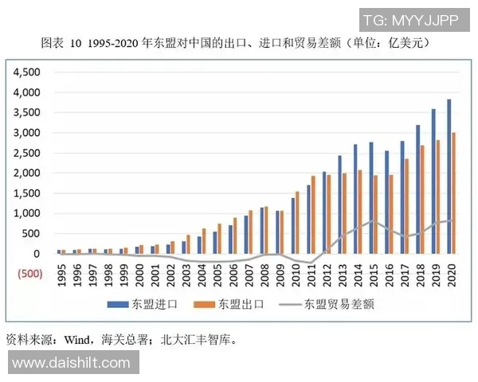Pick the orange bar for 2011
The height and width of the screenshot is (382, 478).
pyautogui.click(x=313, y=215)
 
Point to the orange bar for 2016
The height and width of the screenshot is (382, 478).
pyautogui.click(x=390, y=214)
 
